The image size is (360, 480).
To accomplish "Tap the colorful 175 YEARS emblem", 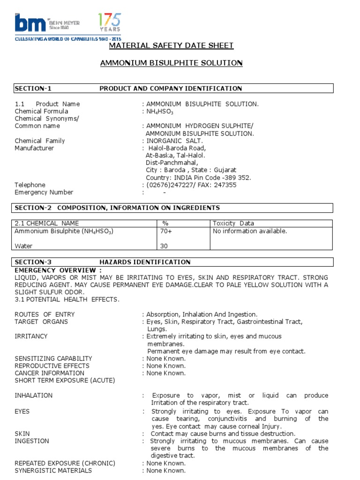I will point(109,22).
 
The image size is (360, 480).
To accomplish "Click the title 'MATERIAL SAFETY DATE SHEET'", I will point(171,45).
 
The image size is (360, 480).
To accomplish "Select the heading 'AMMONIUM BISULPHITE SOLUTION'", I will point(171,63).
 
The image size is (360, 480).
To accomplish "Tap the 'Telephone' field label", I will point(30,185).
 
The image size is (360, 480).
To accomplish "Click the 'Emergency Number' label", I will point(44,192).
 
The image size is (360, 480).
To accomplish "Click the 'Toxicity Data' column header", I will point(233,224).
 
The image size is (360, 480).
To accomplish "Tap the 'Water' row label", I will point(24,246).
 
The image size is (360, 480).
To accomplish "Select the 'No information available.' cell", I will point(250,231).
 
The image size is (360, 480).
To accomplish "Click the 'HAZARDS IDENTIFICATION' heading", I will point(145,262).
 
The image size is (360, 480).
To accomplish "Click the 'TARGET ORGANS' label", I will point(41,322).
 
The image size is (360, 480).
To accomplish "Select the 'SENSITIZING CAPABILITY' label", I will point(53,359).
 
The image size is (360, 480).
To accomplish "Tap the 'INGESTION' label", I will point(31,441).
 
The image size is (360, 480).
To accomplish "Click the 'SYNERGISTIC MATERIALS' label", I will point(53,471).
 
